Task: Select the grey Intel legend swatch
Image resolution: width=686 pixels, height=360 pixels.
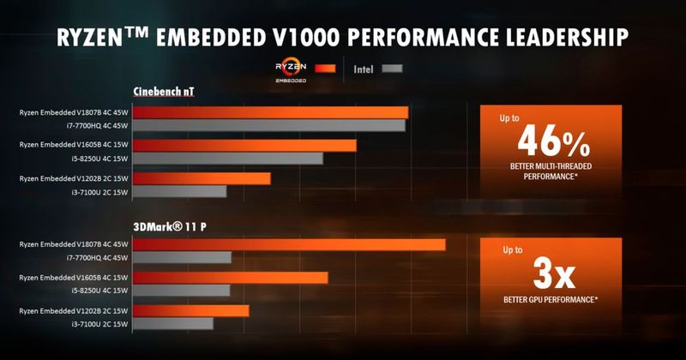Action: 394,68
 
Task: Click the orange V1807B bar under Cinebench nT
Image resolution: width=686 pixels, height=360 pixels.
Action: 270,112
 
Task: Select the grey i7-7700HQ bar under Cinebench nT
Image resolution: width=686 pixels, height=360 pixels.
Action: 269,126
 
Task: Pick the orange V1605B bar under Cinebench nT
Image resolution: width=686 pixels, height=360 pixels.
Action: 244,145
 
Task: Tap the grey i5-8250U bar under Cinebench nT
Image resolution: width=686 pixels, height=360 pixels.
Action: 228,159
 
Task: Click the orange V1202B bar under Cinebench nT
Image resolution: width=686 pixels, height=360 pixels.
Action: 202,178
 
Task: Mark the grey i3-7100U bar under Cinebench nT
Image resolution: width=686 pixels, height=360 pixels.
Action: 179,191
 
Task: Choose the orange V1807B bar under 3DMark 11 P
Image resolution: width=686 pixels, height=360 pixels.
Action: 289,244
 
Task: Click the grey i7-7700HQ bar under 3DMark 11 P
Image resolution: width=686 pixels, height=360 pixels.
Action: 182,257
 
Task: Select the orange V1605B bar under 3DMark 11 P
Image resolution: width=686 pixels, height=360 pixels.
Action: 230,278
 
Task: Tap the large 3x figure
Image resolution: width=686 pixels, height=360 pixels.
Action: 550,275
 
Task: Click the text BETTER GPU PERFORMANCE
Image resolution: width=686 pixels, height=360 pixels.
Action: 550,300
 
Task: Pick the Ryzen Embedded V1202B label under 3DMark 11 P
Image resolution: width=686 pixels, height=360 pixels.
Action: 73,310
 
